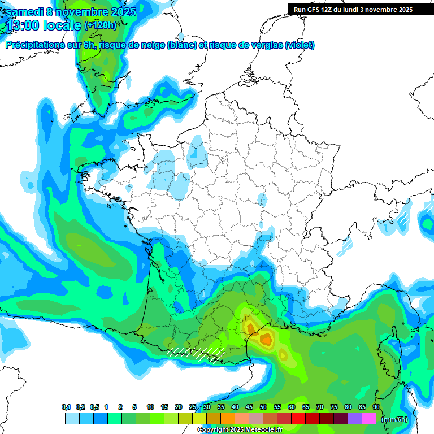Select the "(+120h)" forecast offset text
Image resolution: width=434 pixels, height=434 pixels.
100,25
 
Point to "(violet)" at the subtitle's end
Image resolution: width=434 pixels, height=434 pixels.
300,45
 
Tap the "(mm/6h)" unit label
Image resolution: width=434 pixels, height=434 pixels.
394,419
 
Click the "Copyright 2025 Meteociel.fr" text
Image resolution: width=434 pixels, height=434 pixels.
240,429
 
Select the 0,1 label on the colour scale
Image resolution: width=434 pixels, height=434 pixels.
66,407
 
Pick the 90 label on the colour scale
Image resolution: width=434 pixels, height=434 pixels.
376,407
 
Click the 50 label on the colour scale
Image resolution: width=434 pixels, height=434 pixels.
263,407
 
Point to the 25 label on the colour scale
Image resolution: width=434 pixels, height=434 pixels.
193,407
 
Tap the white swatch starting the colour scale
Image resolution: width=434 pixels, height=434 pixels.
58,419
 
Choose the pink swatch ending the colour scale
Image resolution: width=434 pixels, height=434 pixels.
370,419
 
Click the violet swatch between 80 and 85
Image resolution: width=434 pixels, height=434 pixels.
355,419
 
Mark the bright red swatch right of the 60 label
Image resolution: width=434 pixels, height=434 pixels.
299,419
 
